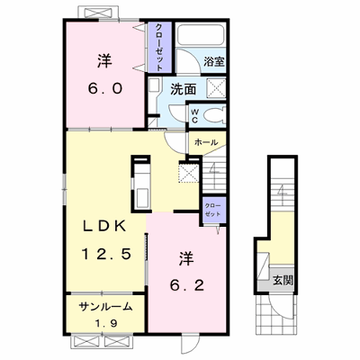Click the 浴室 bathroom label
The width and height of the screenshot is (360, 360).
pos(214,62)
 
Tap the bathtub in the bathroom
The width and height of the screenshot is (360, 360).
pos(201,34)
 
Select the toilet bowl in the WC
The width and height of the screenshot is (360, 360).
pos(214,115)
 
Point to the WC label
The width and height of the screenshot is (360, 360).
pos(194,116)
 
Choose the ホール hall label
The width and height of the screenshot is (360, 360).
pos(206,142)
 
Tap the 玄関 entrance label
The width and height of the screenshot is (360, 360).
pos(283,281)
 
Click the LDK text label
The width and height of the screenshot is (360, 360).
pos(104,227)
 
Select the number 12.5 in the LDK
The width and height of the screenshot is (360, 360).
pos(106,255)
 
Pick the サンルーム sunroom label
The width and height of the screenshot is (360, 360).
pos(105,307)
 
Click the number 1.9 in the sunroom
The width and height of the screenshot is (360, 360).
pos(105,323)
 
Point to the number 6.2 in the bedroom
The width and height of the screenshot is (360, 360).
pos(186,285)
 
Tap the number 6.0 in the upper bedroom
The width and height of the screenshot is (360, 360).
pos(105,89)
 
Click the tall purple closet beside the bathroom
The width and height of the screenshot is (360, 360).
pos(158,47)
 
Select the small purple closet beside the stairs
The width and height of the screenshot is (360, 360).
pos(212,211)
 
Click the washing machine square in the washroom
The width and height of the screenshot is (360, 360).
pos(216,87)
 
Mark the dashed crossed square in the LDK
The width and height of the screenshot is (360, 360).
pos(188,172)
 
